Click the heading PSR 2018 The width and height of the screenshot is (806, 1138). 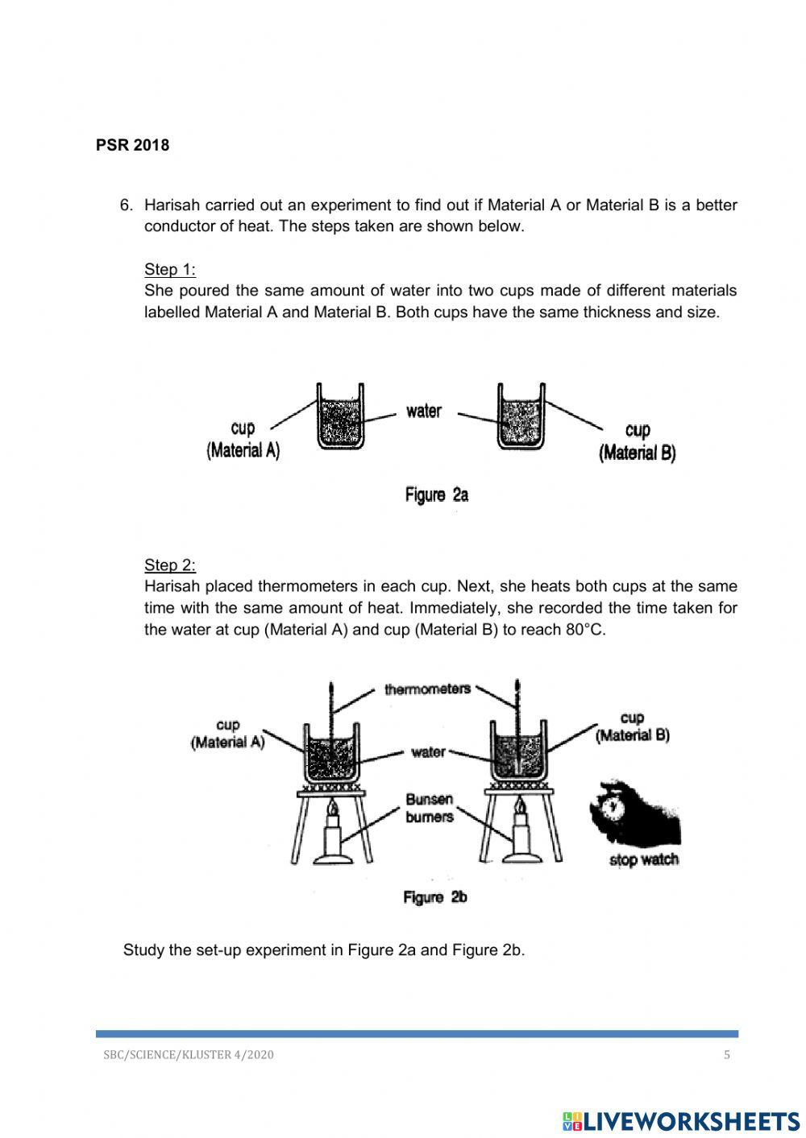[x=132, y=145]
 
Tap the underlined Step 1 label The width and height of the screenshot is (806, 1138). [x=169, y=269]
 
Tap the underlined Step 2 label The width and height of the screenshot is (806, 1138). [x=169, y=565]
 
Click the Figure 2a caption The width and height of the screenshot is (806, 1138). [x=436, y=495]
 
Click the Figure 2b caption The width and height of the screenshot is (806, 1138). [x=435, y=897]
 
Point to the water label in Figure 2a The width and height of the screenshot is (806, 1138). [x=424, y=412]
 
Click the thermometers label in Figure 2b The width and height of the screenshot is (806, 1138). [x=427, y=689]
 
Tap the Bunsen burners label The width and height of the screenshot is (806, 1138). [x=430, y=808]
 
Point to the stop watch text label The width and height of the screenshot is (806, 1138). [x=643, y=859]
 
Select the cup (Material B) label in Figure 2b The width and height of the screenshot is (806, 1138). [x=632, y=726]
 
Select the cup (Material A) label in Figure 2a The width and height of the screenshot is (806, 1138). [x=243, y=440]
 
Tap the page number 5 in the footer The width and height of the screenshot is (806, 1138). [x=726, y=1055]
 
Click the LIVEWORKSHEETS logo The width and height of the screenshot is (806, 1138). [x=681, y=1120]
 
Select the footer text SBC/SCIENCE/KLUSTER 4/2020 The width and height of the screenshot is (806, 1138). [x=189, y=1055]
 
